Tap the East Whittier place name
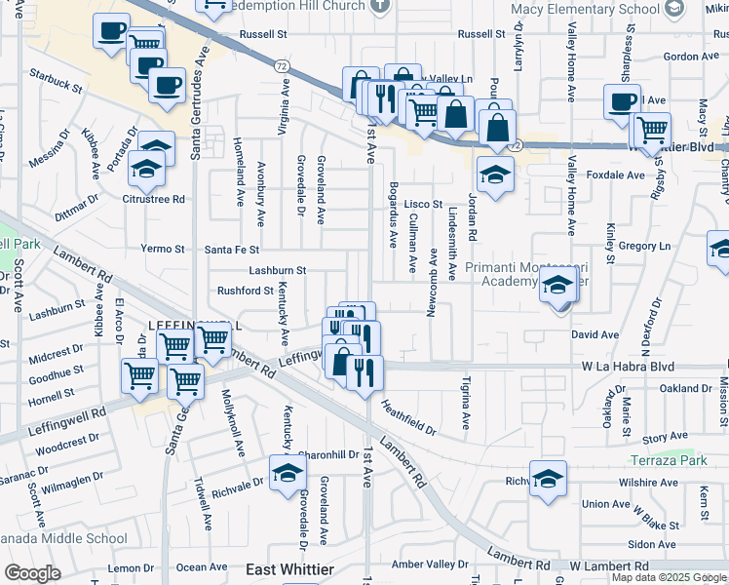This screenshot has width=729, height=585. [289, 569]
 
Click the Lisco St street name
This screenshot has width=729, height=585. [424, 204]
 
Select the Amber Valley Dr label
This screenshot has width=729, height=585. [430, 565]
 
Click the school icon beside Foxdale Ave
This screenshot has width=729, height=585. [495, 175]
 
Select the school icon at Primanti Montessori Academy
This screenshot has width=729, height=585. [557, 286]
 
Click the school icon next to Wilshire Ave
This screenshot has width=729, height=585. [548, 479]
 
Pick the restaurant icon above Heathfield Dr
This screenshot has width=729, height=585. [364, 372]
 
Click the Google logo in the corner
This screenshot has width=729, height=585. [32, 573]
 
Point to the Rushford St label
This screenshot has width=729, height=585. [245, 291]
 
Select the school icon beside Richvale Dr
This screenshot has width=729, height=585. [288, 475]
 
